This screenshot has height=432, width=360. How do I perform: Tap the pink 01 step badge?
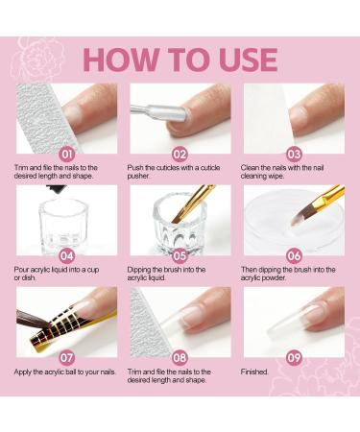coord(66,151)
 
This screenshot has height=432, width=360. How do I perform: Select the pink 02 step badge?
coord(180,151)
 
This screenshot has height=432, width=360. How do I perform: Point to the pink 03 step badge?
coord(294,151)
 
